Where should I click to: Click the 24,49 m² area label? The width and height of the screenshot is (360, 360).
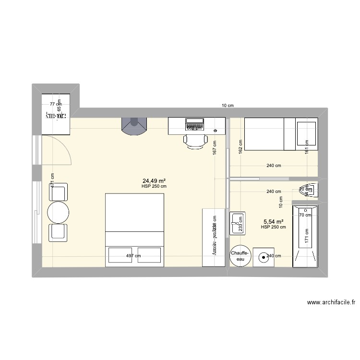[x=154, y=180]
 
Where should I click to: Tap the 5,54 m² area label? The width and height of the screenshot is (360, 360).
[x=273, y=222]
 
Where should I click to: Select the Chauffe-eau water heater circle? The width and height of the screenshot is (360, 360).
[x=240, y=256]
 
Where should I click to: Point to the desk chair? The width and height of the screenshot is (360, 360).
[x=195, y=141]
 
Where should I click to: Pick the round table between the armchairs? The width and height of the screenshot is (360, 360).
[x=58, y=212]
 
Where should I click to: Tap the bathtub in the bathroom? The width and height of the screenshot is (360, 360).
[x=305, y=236]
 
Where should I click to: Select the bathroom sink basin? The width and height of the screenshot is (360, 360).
[x=237, y=223]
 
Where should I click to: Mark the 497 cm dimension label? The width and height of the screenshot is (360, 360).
[x=133, y=256]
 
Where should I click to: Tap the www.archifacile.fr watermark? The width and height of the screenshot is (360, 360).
[x=332, y=302]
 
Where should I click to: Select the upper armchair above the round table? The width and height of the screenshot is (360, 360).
[x=59, y=193]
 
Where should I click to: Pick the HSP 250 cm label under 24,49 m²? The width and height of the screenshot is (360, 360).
[x=154, y=186]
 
